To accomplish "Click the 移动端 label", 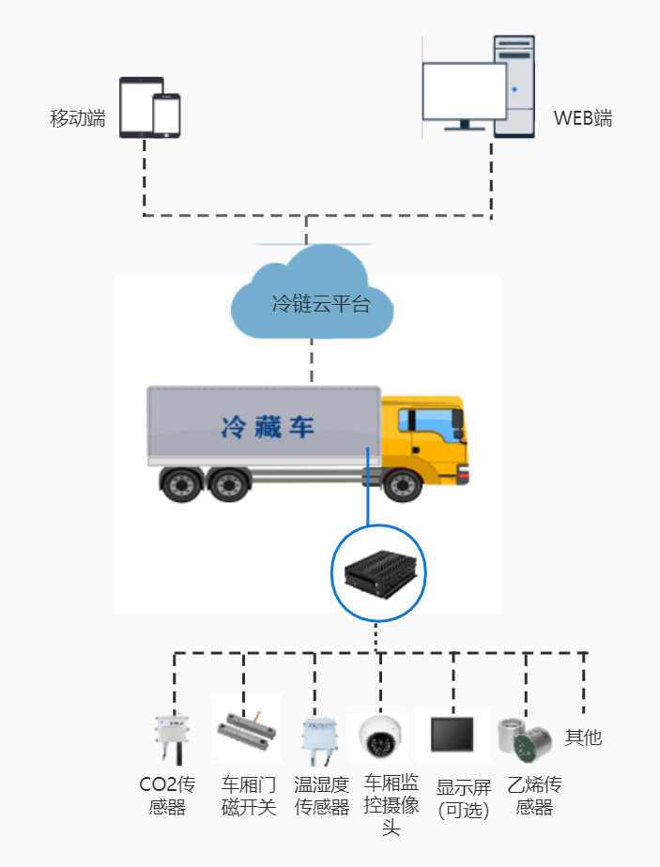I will (x=77, y=118).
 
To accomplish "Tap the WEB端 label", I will (x=582, y=118).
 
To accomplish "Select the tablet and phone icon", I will (x=149, y=109).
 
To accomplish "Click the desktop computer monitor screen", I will (x=464, y=92).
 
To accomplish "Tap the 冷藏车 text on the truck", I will (x=268, y=428).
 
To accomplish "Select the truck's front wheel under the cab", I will (x=403, y=484).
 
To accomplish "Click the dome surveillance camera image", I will (x=381, y=736).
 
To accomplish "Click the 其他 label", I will (x=582, y=738).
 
